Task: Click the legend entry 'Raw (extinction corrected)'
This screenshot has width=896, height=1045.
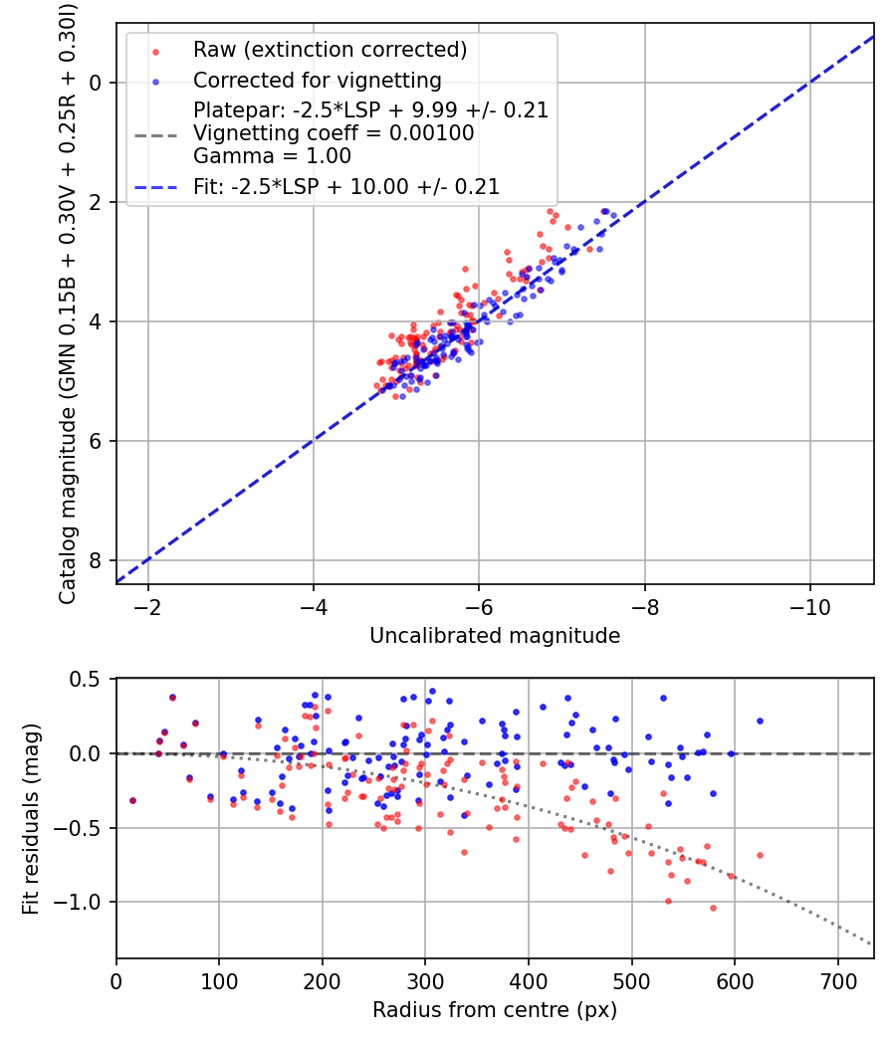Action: tap(330, 50)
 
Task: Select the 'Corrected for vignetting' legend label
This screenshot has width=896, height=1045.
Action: tap(317, 80)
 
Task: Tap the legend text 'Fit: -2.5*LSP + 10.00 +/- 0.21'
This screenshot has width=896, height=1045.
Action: tap(346, 186)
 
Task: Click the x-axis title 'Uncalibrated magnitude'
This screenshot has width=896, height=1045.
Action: tap(495, 636)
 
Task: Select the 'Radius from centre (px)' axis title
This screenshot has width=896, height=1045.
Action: tap(495, 1010)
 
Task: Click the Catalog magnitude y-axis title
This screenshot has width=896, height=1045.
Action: tap(68, 304)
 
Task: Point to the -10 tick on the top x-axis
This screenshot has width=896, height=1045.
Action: tap(809, 606)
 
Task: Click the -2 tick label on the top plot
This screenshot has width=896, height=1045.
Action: tap(148, 606)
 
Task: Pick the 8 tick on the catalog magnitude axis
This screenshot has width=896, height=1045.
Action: tap(96, 560)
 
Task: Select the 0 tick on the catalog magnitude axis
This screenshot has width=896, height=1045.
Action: tap(96, 83)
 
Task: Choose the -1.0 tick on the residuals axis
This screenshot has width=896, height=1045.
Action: tap(83, 903)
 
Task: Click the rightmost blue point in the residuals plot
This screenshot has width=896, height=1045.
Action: tap(760, 721)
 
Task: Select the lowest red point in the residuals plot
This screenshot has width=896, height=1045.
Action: tap(713, 908)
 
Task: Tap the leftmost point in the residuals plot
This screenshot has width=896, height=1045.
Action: tap(132, 800)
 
